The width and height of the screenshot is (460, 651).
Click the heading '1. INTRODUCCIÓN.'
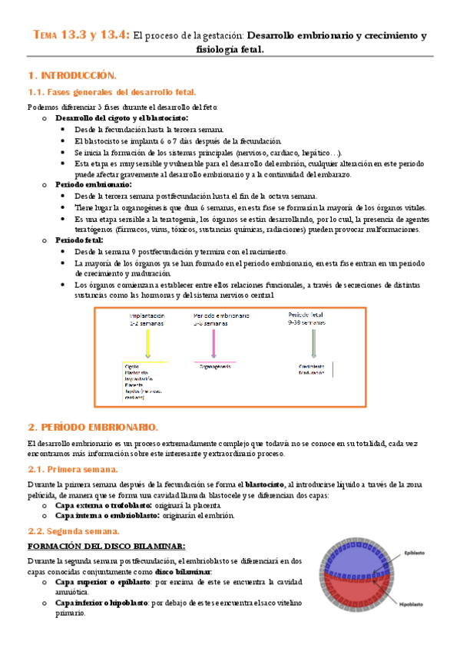pos(71,75)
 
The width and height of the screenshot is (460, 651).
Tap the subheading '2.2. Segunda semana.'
pos(74,530)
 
